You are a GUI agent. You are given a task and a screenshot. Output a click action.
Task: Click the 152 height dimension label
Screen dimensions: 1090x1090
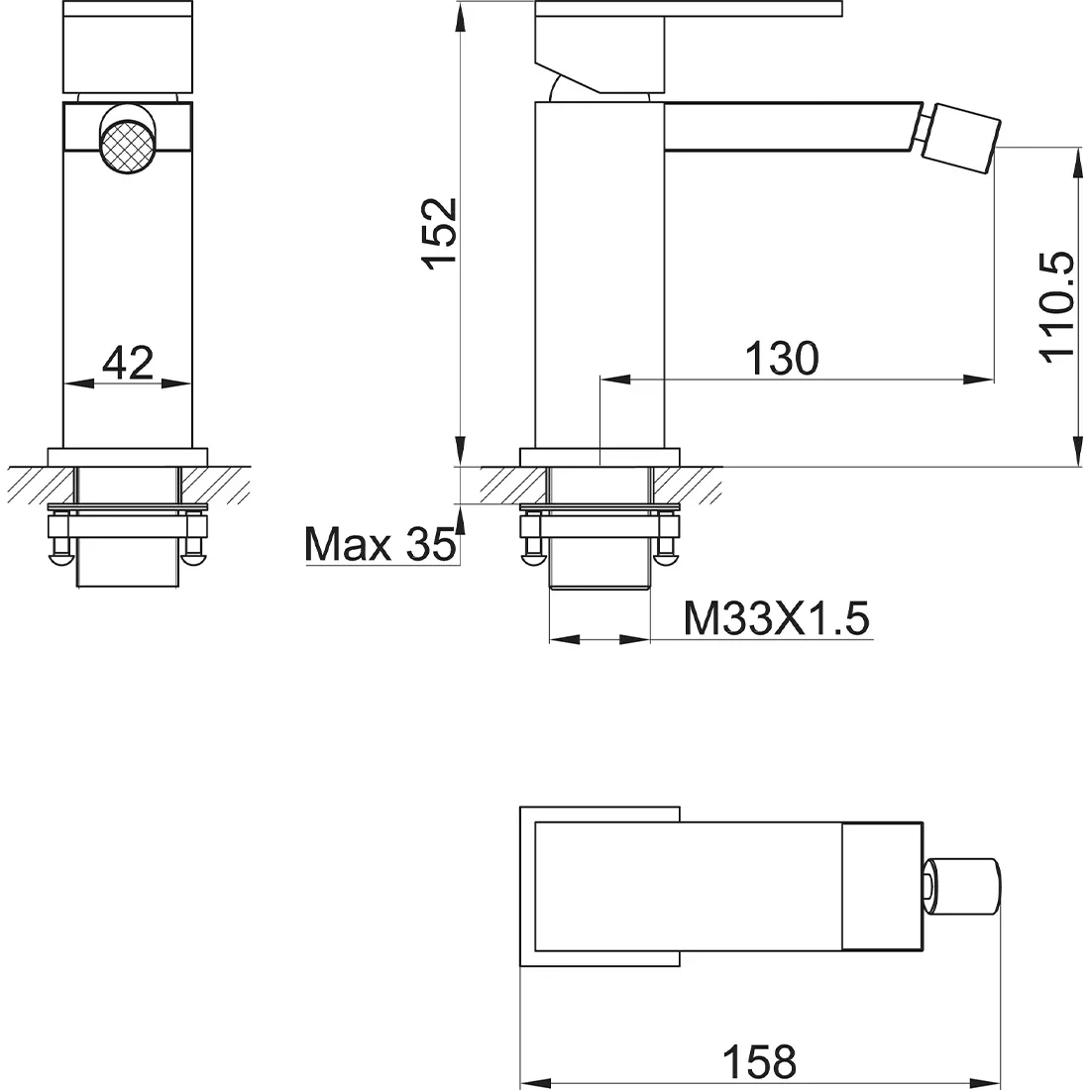(x=439, y=234)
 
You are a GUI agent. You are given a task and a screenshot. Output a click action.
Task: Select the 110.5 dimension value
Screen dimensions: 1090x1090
(x=1056, y=307)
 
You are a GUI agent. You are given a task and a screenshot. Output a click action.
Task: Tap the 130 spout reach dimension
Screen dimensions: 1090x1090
(x=782, y=359)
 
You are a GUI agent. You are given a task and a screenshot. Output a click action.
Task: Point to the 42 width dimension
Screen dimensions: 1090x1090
(x=127, y=362)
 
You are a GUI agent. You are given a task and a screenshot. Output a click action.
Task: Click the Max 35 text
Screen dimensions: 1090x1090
(x=381, y=544)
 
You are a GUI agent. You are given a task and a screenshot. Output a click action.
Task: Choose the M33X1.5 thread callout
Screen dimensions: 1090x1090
(x=777, y=618)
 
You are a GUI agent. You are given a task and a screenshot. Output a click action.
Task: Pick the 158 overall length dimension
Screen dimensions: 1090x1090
(x=759, y=1061)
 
